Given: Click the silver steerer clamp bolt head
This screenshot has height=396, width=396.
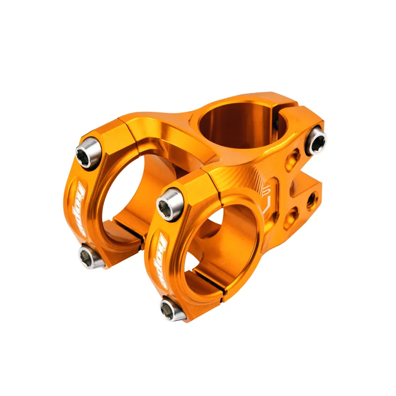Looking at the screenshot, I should click(x=315, y=140).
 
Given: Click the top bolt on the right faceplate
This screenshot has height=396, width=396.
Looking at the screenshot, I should click(x=169, y=204).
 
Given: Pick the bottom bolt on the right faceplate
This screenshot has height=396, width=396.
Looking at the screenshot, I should click(x=171, y=309).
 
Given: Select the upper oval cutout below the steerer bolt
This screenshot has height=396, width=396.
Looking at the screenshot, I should click(x=293, y=159).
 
